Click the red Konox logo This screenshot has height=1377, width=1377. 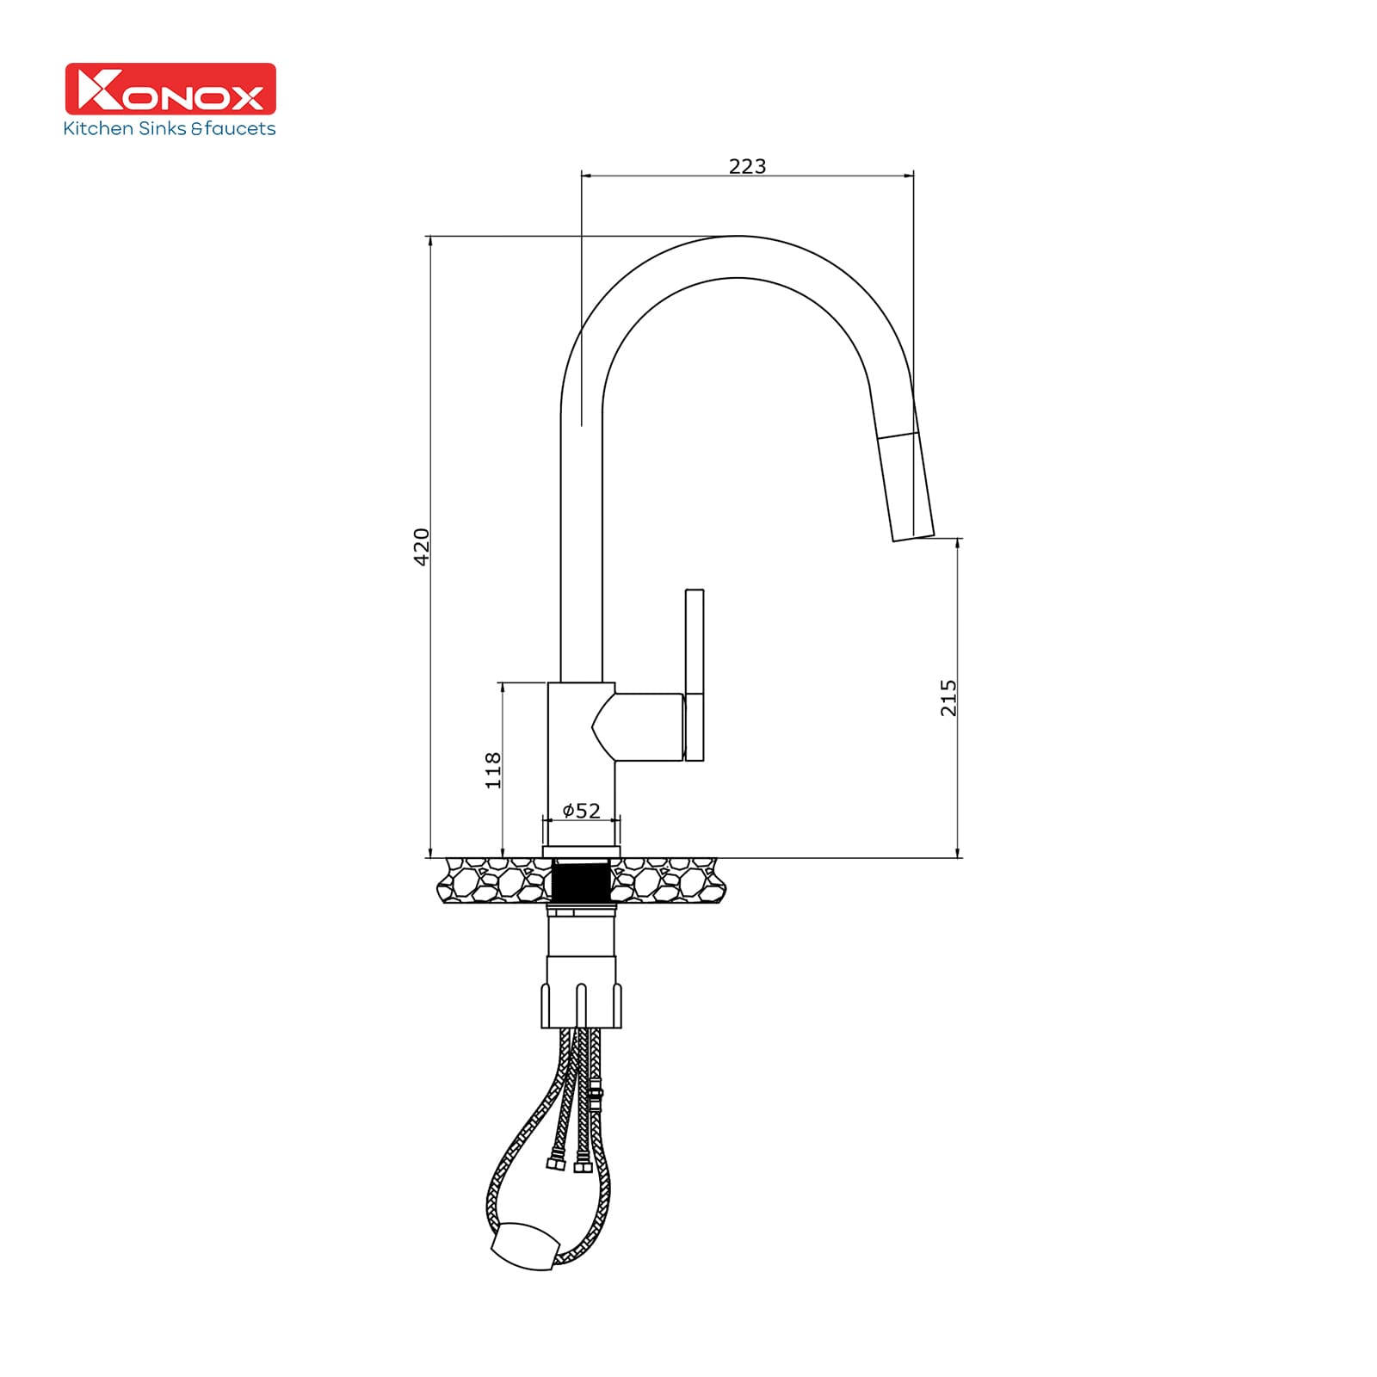(x=170, y=89)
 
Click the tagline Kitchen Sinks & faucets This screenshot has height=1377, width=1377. (x=170, y=129)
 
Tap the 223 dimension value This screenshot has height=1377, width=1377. (x=747, y=166)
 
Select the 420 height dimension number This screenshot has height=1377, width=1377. (x=422, y=546)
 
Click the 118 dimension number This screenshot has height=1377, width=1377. (x=492, y=769)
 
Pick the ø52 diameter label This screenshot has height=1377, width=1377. (x=581, y=811)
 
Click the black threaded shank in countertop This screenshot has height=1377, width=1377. (x=581, y=882)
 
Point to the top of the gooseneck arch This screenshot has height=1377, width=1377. (x=738, y=256)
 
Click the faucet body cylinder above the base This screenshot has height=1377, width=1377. (x=581, y=757)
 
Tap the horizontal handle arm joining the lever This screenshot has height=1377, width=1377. (x=647, y=727)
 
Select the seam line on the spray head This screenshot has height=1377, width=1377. (x=897, y=435)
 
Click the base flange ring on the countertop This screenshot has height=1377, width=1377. (x=581, y=852)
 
